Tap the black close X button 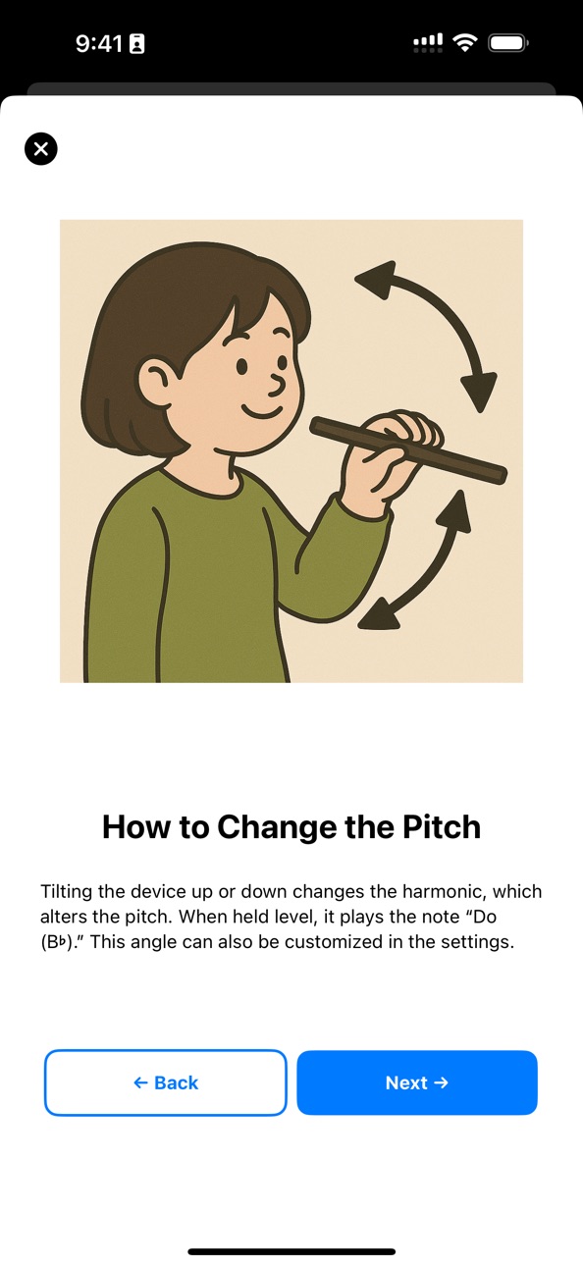point(40,148)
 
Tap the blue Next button point(417,1082)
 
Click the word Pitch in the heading point(441,827)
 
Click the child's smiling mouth point(263,410)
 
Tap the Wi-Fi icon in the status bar point(465,42)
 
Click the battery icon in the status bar point(508,43)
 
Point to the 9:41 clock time point(98,43)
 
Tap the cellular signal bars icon point(428,43)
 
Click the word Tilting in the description point(66,892)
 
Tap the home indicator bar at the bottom point(291,1251)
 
